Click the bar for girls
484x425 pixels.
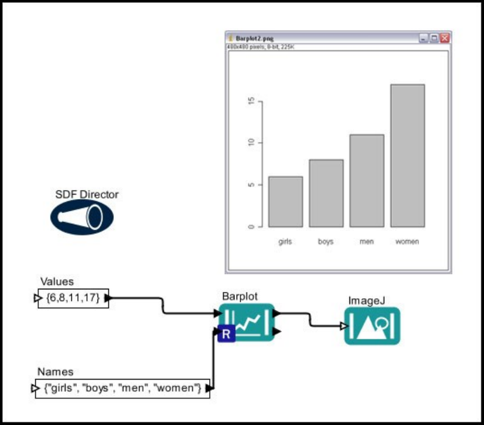point(285,202)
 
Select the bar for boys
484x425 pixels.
point(326,193)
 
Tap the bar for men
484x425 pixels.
point(367,181)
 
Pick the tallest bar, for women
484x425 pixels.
point(407,156)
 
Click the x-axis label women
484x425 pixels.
point(407,242)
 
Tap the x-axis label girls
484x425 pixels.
point(285,242)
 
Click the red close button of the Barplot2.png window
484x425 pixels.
point(445,38)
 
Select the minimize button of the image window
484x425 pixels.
point(425,38)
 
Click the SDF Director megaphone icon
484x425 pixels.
point(82,217)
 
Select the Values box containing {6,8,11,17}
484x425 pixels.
point(73,298)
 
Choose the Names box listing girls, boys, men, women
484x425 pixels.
point(123,388)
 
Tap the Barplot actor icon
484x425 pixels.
point(246,322)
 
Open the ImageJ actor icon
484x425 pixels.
point(372,325)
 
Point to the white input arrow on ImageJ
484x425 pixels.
point(344,326)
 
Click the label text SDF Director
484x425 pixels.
point(87,195)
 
